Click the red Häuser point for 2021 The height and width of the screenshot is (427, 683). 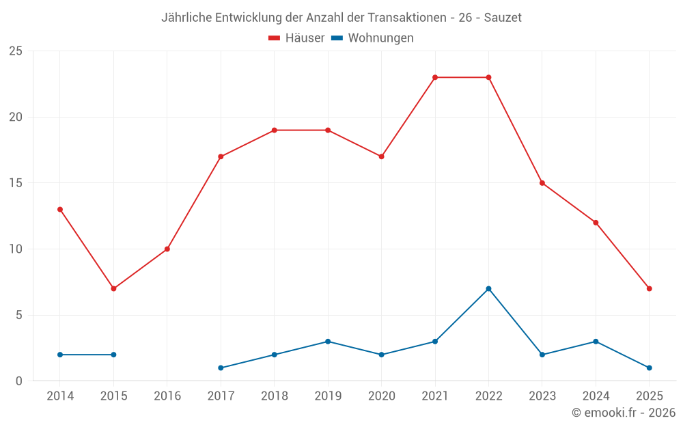435,77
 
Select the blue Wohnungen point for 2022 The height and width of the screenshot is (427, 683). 488,288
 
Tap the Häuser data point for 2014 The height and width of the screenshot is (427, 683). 60,209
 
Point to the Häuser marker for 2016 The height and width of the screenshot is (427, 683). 167,249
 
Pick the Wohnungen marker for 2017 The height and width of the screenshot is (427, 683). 221,368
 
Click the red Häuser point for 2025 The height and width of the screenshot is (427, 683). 649,288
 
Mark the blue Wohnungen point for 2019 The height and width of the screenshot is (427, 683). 328,342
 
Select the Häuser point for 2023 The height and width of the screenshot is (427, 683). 542,183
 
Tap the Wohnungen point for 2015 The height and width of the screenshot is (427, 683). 113,355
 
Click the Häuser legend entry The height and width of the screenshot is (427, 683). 296,38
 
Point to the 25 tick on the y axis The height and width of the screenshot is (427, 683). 16,51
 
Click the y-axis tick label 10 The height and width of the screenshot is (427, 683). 16,249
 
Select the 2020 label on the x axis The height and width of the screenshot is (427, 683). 381,396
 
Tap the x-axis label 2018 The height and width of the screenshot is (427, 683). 274,396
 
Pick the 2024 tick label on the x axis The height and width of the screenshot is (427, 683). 596,396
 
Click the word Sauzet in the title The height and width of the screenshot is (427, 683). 503,18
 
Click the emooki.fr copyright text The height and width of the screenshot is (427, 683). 624,413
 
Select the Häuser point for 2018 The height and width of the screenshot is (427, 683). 274,130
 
